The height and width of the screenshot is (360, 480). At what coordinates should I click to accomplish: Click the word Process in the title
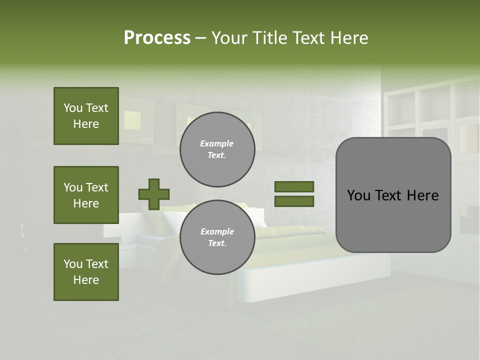(x=157, y=38)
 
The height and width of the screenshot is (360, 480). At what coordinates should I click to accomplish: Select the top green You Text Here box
(x=86, y=116)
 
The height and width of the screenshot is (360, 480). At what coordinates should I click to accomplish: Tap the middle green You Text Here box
(x=86, y=195)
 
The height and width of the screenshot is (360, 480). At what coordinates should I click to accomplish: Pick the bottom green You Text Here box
(x=86, y=271)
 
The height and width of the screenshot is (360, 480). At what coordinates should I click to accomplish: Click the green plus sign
(x=154, y=194)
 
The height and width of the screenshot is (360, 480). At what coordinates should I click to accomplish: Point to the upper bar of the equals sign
(x=294, y=186)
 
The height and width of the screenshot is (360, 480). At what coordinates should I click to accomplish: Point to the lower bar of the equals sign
(x=294, y=201)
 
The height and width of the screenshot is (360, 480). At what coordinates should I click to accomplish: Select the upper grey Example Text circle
(x=217, y=149)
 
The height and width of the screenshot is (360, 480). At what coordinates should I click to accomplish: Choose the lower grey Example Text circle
(x=217, y=237)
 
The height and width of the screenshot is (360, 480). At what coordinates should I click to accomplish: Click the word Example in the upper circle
(x=217, y=143)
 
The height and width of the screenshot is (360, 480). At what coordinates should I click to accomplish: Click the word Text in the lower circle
(x=217, y=243)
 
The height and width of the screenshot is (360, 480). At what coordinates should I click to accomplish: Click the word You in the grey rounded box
(x=358, y=195)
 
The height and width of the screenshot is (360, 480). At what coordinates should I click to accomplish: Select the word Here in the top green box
(x=86, y=124)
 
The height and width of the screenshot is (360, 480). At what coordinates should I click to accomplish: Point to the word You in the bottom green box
(x=72, y=264)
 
